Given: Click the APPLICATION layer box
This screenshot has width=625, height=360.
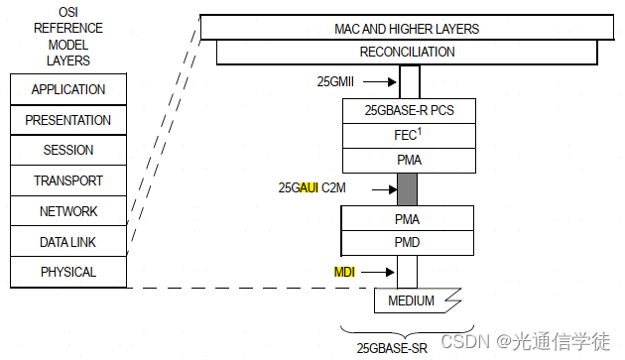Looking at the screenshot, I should click(x=68, y=89).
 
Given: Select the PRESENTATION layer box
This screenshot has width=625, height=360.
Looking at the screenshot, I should click(x=68, y=120).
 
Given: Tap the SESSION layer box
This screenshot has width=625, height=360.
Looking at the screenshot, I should click(x=68, y=151).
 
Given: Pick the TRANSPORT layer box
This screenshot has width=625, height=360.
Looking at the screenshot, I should click(x=68, y=181).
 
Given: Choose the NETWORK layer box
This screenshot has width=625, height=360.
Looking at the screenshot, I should click(x=68, y=211).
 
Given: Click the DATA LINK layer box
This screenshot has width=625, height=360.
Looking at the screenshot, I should click(x=68, y=242).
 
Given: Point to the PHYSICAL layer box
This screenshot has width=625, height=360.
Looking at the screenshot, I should click(x=68, y=272).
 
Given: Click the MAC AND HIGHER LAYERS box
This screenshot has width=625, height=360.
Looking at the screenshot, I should click(x=407, y=29).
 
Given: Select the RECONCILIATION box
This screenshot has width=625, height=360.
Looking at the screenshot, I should click(x=407, y=52).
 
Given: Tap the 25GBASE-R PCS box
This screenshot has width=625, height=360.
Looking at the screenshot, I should click(x=409, y=110).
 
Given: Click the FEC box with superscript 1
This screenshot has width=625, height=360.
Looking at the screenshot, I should click(x=409, y=135).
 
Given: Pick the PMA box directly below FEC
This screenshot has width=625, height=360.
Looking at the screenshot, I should click(x=409, y=160).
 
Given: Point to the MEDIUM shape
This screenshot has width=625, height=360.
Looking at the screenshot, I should click(x=411, y=300).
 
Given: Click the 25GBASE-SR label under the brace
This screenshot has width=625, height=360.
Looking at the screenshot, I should click(x=392, y=347).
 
